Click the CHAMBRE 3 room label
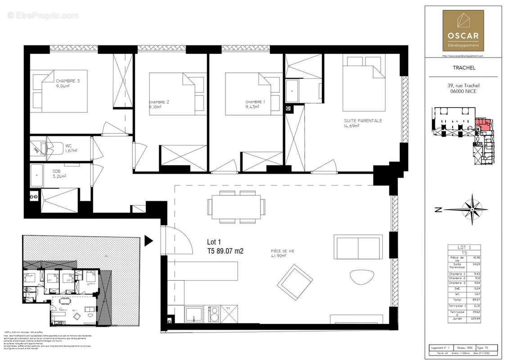pyautogui.click(x=68, y=81)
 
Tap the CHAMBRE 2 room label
pyautogui.click(x=159, y=102)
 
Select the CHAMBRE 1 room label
pyautogui.click(x=255, y=102)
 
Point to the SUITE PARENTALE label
pyautogui.click(x=363, y=121)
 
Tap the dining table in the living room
pyautogui.click(x=235, y=207)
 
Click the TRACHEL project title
pyautogui.click(x=462, y=68)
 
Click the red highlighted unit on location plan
pyautogui.click(x=482, y=124)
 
